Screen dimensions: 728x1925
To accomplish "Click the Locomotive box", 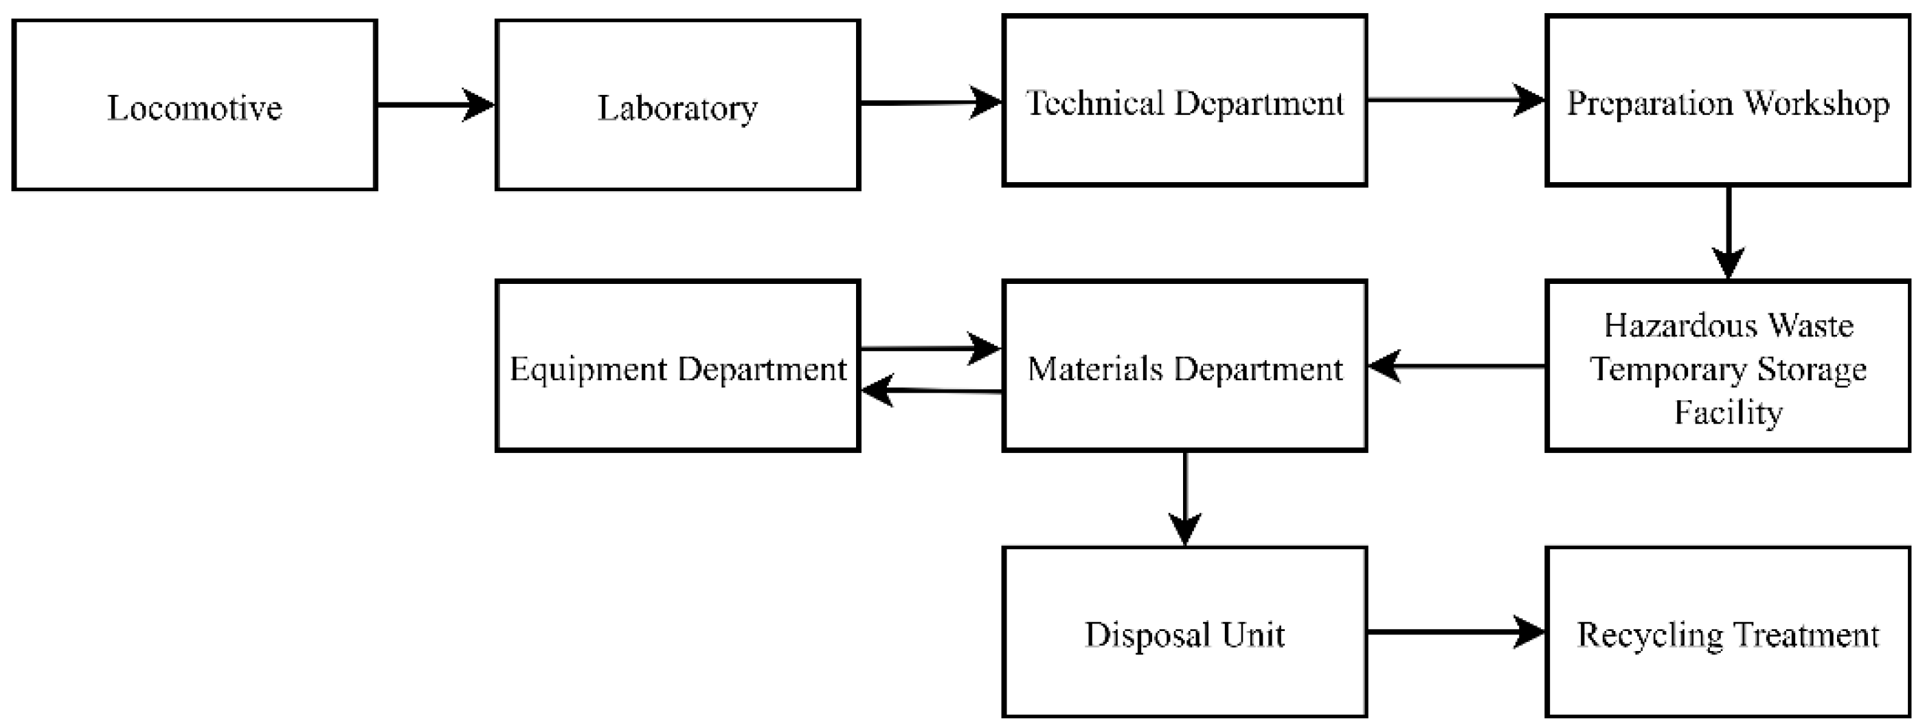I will (x=194, y=104).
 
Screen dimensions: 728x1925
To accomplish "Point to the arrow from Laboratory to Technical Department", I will (x=930, y=103).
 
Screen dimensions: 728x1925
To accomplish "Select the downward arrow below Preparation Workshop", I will (x=1728, y=232).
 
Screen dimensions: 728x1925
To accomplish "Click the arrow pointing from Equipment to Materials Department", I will (x=930, y=349).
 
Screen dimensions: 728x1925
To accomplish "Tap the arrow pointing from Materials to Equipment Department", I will (x=930, y=391).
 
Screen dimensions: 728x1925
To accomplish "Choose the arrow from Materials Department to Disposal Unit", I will (x=1185, y=498).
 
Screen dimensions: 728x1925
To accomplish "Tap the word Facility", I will (x=1728, y=412).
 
